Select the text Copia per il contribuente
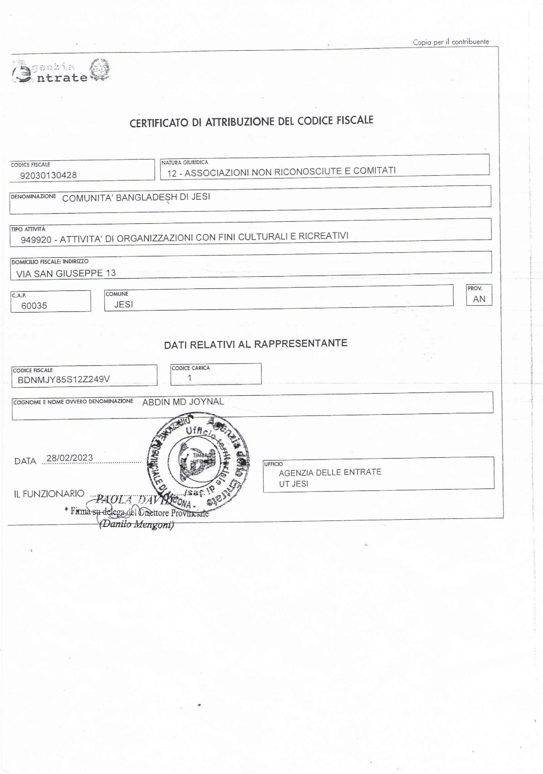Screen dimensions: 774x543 tap(451, 42)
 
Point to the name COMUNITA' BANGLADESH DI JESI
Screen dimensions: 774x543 tap(136, 197)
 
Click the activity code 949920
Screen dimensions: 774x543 tap(36, 240)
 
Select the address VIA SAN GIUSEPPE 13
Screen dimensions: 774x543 tap(66, 273)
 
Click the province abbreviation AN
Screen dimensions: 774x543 tap(479, 299)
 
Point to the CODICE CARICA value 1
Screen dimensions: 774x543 tap(190, 378)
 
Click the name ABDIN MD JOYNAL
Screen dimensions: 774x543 tap(183, 402)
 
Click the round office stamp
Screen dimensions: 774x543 tap(198, 462)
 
